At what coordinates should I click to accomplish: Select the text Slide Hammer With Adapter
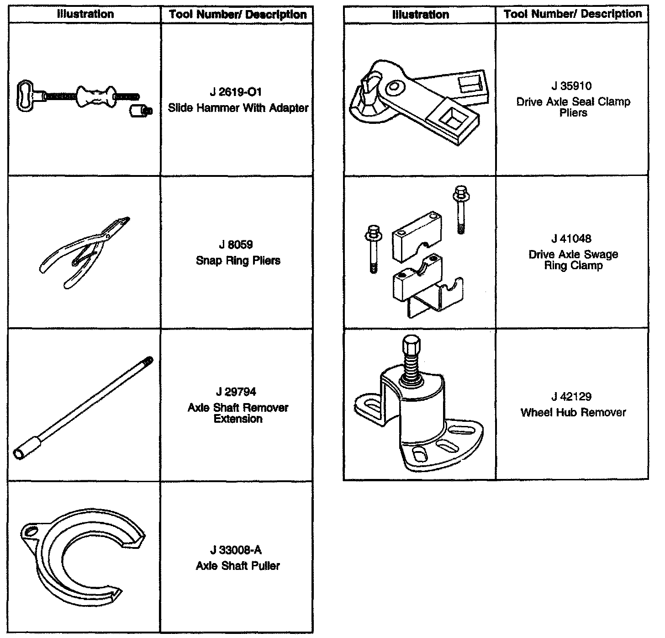click(x=238, y=108)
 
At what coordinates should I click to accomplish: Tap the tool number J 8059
click(x=236, y=245)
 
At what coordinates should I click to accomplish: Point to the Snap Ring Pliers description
click(x=238, y=261)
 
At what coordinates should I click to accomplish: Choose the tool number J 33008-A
click(x=236, y=550)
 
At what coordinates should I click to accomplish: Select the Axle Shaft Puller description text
click(x=238, y=566)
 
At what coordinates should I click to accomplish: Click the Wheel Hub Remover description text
click(x=573, y=413)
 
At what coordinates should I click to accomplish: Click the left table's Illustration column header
click(x=85, y=14)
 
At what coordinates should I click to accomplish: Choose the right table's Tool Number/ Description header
click(x=573, y=14)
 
